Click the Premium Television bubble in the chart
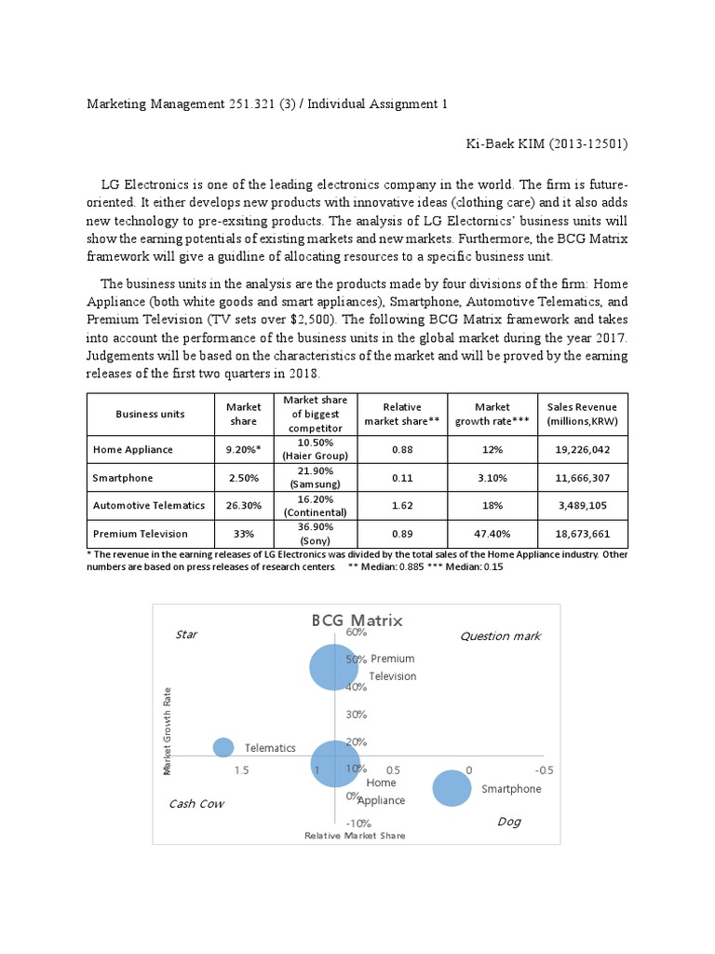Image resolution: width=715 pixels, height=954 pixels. (333, 666)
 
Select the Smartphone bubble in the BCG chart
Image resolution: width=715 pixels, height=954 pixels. (452, 788)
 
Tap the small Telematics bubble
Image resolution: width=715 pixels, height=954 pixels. (223, 747)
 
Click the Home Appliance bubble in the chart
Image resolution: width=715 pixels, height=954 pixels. (333, 764)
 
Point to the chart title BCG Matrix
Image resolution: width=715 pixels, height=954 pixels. (357, 620)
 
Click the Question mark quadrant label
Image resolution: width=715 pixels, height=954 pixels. (500, 636)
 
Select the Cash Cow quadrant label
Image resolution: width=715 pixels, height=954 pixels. (196, 803)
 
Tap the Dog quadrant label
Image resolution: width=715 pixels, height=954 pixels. (508, 822)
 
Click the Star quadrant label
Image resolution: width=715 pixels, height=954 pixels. (186, 635)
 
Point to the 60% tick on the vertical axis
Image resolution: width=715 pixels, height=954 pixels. (356, 633)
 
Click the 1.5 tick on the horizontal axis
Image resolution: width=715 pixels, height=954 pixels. (241, 770)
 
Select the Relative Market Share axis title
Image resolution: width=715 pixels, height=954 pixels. (355, 836)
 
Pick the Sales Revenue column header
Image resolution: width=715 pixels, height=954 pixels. (582, 414)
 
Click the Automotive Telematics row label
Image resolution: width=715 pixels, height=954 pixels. (148, 505)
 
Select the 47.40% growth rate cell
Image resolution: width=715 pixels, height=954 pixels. (492, 534)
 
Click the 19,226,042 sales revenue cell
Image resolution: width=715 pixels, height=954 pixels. (582, 449)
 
